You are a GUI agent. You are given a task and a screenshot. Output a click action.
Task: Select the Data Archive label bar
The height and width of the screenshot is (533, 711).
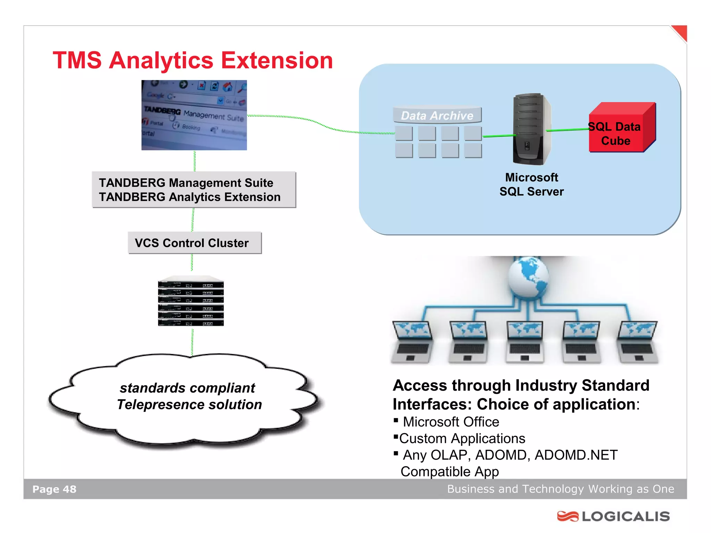(437, 116)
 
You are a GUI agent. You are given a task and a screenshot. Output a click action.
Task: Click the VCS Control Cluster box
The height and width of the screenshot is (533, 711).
(194, 243)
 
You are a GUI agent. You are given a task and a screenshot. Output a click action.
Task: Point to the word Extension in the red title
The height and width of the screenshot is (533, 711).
(277, 61)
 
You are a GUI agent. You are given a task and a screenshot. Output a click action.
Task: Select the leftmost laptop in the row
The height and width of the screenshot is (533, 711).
(412, 342)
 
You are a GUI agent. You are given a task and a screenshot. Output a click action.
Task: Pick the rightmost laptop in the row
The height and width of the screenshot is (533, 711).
(637, 342)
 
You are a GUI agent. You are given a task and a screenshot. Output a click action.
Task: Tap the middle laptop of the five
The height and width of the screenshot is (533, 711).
(525, 342)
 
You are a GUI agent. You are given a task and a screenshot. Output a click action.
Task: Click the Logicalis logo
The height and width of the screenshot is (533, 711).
(613, 516)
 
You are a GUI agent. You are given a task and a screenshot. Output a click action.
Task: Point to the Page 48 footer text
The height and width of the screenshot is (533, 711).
(55, 489)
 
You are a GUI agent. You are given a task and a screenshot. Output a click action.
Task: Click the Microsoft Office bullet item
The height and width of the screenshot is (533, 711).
(451, 422)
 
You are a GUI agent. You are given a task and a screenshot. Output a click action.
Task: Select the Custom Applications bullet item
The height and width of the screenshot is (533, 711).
(462, 439)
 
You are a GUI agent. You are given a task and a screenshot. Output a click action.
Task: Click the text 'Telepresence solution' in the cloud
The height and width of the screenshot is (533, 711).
(189, 405)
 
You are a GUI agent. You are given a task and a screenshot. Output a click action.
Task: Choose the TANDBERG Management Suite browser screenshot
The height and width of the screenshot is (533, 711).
(194, 115)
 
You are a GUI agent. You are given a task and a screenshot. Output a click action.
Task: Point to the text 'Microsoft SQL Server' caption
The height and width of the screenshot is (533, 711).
(532, 185)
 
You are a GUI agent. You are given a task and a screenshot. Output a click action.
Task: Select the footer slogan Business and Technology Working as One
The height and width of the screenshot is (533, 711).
(560, 489)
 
